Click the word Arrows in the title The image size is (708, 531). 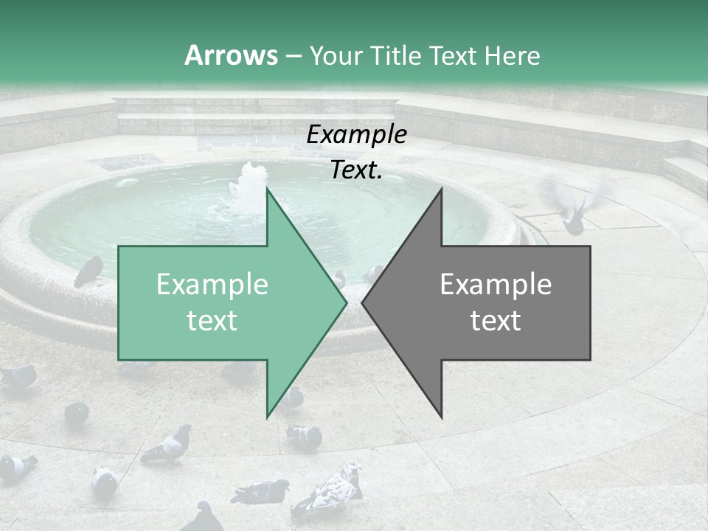[x=231, y=55]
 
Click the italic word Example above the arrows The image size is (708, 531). [x=357, y=135]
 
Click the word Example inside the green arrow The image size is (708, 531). [x=212, y=285]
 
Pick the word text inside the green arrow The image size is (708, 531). [x=212, y=321]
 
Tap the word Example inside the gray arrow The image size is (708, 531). [x=496, y=285]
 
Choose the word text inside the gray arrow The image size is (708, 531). [x=496, y=321]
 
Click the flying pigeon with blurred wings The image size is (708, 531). [x=575, y=206]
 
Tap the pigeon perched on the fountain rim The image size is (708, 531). [x=88, y=271]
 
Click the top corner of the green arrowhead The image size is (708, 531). [x=267, y=190]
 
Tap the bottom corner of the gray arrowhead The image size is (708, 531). [x=441, y=417]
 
